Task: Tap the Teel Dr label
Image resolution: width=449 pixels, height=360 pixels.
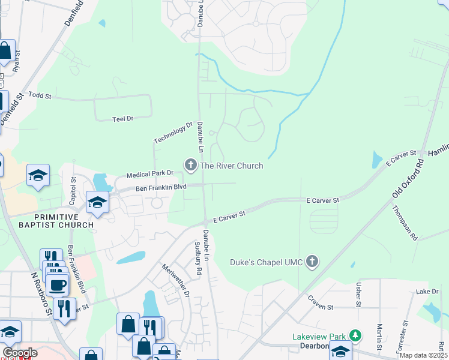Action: [x=122, y=119]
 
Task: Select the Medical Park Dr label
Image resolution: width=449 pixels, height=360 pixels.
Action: [x=149, y=175]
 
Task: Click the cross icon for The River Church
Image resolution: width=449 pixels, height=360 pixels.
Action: [x=191, y=164]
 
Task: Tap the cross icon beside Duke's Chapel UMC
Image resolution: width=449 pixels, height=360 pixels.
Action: [x=311, y=261]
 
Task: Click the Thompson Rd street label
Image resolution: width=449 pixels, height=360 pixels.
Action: [x=405, y=223]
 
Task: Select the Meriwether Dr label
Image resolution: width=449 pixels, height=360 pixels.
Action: [x=175, y=281]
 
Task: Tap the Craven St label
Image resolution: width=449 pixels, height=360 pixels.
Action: [x=320, y=303]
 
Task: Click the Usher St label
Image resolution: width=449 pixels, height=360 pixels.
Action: [x=358, y=295]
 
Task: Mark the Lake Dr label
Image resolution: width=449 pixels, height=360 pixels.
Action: [x=427, y=292]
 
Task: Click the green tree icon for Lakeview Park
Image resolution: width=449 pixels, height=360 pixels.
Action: [x=356, y=336]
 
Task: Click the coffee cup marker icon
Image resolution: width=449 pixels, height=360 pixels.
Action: [x=58, y=284]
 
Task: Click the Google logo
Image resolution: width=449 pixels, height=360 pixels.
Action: [x=20, y=353]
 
